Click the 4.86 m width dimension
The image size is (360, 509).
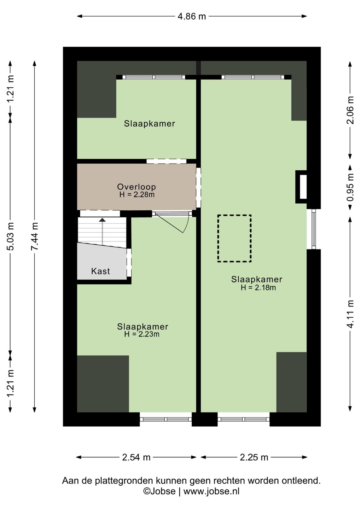192,16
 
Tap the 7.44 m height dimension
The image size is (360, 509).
35,236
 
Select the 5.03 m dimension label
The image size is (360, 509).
10,236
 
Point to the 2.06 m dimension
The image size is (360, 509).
350,110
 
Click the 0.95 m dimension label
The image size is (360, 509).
350,187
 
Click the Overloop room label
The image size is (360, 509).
137,187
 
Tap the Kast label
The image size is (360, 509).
100,271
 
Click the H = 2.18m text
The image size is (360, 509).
258,288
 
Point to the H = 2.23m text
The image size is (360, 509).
141,334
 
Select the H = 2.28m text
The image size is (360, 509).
137,195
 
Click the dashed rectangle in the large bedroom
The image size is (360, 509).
218,238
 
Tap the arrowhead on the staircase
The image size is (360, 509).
103,220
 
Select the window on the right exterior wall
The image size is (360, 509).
314,229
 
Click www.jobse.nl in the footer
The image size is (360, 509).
211,491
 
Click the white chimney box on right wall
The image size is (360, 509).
303,187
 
